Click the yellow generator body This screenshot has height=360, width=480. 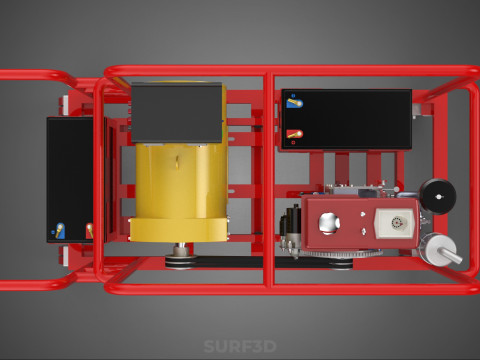pyautogui.click(x=180, y=190)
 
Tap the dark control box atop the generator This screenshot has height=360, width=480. pyautogui.click(x=177, y=112)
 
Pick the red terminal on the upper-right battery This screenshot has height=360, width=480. pyautogui.click(x=294, y=134)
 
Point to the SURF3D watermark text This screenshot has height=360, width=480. pyautogui.click(x=240, y=348)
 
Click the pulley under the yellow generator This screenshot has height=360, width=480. pyautogui.click(x=180, y=262)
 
